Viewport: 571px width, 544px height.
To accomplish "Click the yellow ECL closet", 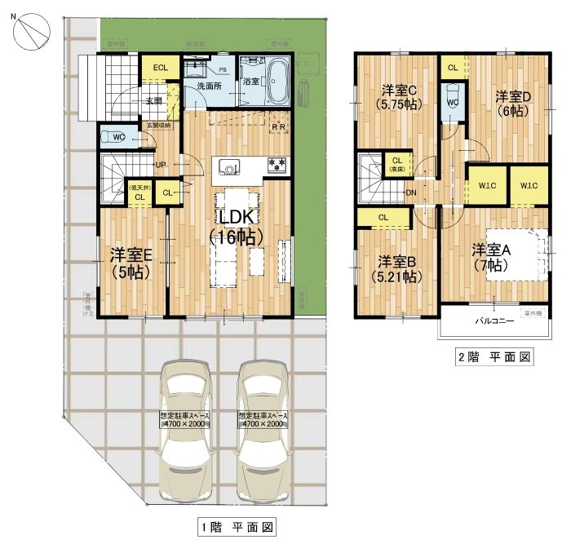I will coord(160,68).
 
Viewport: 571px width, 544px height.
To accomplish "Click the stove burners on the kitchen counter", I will coord(277,166).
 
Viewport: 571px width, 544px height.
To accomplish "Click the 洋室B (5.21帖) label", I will coord(399,269).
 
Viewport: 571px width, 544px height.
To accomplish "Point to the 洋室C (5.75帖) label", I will coord(398,97).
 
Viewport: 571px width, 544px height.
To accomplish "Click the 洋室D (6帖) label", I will coord(514,104).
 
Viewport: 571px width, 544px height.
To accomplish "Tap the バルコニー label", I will coord(494,321).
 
